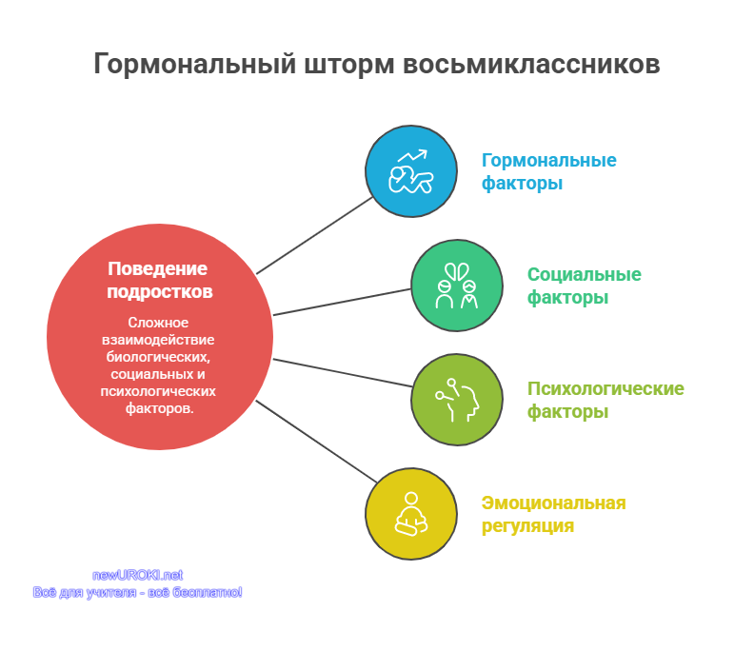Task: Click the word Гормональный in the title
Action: (x=195, y=64)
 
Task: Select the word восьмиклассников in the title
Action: (x=531, y=64)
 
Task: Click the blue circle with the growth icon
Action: (x=411, y=171)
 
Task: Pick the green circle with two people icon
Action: (x=457, y=286)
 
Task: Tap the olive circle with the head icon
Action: (x=457, y=400)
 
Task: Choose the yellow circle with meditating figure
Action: (x=411, y=514)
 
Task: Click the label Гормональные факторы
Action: (x=548, y=171)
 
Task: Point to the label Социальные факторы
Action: (x=585, y=286)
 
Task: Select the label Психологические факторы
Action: (x=605, y=400)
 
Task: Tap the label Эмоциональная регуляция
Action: (x=553, y=514)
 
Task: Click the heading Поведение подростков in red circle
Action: (x=159, y=280)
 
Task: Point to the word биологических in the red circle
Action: (x=158, y=357)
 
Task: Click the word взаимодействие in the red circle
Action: (x=158, y=340)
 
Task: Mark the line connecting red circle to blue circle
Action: (x=315, y=235)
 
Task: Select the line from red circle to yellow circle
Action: (x=316, y=442)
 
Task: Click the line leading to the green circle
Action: (x=343, y=302)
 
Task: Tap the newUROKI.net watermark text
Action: (x=137, y=575)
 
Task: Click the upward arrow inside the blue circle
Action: (x=412, y=156)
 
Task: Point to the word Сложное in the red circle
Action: (x=158, y=322)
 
